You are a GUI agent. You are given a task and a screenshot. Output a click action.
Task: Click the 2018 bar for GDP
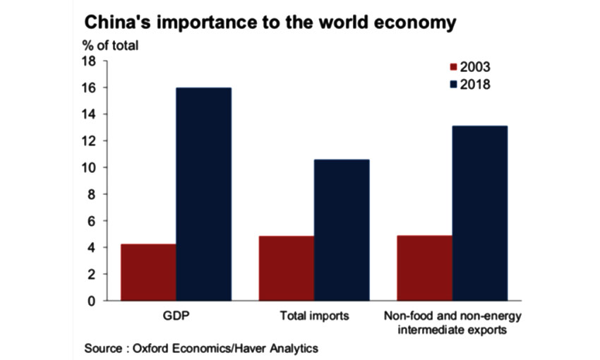click(203, 194)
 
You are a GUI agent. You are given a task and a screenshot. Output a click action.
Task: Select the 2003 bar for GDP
click(148, 272)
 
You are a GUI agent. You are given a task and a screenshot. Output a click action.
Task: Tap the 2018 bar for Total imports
click(342, 230)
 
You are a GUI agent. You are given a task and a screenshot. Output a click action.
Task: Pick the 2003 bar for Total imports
click(287, 268)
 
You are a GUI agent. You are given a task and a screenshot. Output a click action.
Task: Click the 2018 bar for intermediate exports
click(479, 213)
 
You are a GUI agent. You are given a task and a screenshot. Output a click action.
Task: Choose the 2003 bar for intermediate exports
click(424, 268)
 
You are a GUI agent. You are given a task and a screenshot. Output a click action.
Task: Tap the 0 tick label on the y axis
click(92, 301)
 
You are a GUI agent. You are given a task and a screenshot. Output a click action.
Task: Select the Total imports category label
click(314, 316)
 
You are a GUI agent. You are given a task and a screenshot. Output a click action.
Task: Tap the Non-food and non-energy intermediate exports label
click(452, 322)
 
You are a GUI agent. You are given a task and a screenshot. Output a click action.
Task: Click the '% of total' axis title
click(111, 45)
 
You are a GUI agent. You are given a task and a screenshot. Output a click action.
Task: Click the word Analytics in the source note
click(292, 349)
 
